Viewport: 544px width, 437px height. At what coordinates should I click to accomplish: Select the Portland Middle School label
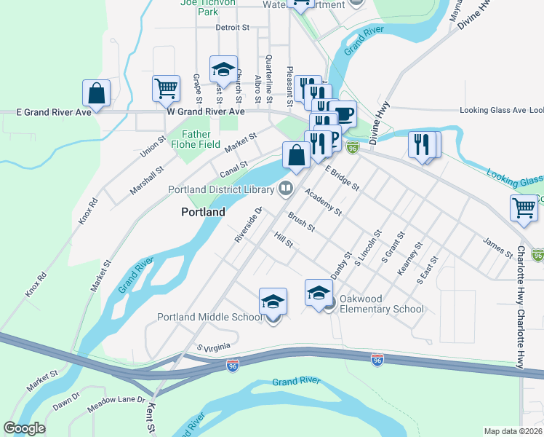pyautogui.click(x=209, y=317)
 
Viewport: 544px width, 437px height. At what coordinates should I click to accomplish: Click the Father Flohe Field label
pyautogui.click(x=196, y=139)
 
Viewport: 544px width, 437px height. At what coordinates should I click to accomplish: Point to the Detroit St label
pyautogui.click(x=232, y=28)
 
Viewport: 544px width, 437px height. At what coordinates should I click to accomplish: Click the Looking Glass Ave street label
pyautogui.click(x=492, y=111)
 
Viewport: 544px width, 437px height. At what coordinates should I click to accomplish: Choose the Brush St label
pyautogui.click(x=300, y=221)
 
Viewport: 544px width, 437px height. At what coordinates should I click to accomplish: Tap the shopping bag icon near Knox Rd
pyautogui.click(x=96, y=93)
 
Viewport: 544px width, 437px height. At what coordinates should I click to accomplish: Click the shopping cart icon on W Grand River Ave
pyautogui.click(x=167, y=88)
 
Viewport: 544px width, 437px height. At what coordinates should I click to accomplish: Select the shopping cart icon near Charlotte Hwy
pyautogui.click(x=524, y=208)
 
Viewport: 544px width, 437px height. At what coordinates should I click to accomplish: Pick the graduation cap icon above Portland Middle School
pyautogui.click(x=273, y=301)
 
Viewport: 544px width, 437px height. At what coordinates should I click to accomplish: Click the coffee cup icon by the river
pyautogui.click(x=343, y=114)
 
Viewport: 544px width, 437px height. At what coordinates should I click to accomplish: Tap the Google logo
pyautogui.click(x=24, y=428)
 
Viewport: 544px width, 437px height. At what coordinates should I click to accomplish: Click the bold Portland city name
pyautogui.click(x=203, y=212)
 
